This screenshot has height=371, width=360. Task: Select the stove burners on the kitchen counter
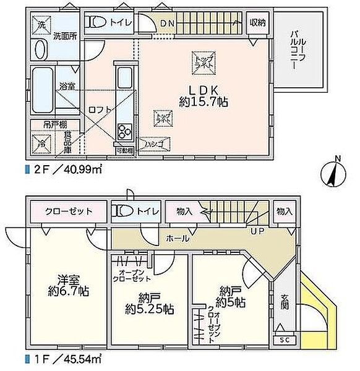coord(122,131)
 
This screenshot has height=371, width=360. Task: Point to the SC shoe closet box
coord(283,339)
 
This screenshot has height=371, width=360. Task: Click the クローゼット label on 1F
coord(69,211)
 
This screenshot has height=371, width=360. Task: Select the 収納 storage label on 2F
coord(257,23)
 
